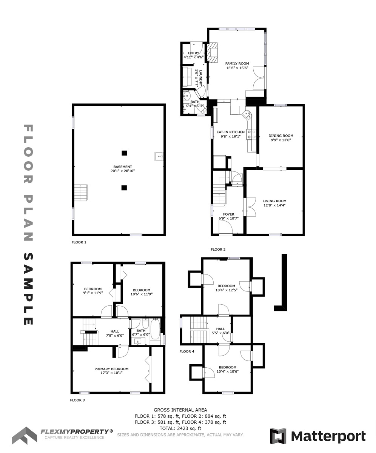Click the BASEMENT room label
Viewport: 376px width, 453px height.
(123, 166)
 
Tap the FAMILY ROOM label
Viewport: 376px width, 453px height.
(237, 63)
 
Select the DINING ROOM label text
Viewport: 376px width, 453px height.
(281, 136)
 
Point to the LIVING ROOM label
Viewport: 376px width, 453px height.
(274, 201)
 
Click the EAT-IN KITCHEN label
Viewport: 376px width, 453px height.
(231, 132)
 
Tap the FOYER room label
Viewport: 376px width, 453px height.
(229, 214)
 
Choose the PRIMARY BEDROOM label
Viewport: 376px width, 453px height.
(111, 369)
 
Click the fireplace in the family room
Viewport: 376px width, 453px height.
(212, 53)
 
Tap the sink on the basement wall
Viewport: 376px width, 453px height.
(159, 156)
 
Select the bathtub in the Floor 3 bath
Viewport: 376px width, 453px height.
(156, 329)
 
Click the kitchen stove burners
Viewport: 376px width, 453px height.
(251, 134)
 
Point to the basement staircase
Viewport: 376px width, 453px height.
(81, 193)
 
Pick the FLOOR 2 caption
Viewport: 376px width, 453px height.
(218, 250)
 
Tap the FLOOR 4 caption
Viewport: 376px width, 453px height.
(187, 351)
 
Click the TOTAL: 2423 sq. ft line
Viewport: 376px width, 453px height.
(180, 428)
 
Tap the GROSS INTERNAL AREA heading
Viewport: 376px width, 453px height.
(180, 410)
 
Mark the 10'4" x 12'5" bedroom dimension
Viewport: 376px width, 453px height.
(227, 290)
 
